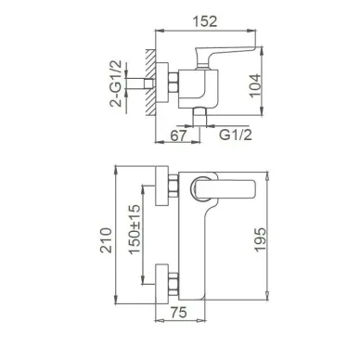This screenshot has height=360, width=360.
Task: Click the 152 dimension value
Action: (x=205, y=21)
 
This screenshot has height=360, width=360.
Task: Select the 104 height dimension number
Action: (x=255, y=85)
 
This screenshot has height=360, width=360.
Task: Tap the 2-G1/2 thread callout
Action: (x=116, y=84)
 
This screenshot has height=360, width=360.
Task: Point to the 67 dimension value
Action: (x=178, y=135)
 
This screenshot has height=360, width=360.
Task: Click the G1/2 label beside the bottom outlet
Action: (x=236, y=135)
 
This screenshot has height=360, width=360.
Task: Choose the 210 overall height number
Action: (x=106, y=240)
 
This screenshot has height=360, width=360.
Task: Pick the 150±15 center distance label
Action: (x=135, y=229)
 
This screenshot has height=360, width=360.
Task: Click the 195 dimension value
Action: (x=260, y=239)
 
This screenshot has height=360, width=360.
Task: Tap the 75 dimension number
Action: (x=179, y=313)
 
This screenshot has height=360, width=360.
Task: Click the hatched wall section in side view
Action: (x=150, y=82)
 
